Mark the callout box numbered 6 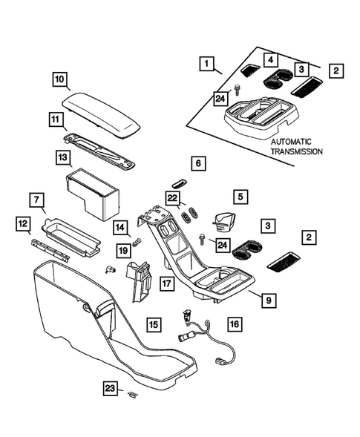click(197, 162)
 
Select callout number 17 click(167, 283)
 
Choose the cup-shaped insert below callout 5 click(222, 222)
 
